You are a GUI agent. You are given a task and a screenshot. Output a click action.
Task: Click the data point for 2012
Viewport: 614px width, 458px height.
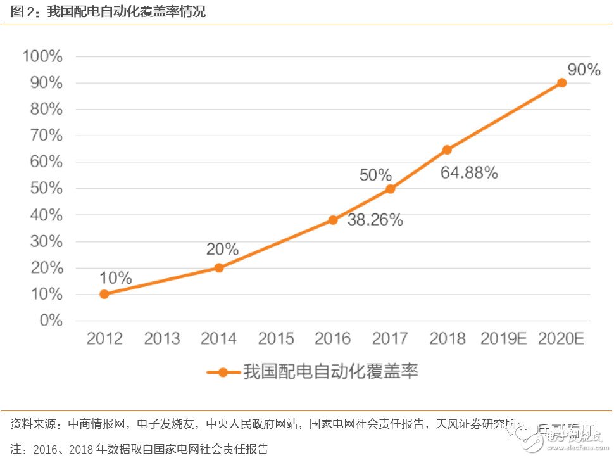[104, 294]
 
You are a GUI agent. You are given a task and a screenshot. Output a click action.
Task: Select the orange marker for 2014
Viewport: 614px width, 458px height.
[219, 267]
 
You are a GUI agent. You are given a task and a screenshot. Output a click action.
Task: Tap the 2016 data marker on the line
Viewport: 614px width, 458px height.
[333, 220]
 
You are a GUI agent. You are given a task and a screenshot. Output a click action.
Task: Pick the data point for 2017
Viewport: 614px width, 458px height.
[390, 189]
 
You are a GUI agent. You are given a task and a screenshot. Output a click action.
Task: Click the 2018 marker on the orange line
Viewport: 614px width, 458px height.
[447, 149]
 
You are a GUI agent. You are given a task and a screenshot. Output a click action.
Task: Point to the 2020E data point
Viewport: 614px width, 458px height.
[561, 82]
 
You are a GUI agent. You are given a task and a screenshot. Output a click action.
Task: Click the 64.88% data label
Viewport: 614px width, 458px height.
[469, 172]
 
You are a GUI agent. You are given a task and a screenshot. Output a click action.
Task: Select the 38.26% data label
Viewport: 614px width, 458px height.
[375, 220]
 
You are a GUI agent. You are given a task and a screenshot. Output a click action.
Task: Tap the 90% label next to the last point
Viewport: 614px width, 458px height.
[584, 70]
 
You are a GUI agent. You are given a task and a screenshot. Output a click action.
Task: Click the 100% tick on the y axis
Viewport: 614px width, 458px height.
[42, 56]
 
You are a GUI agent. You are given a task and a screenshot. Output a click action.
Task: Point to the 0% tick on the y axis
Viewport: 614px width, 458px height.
[51, 321]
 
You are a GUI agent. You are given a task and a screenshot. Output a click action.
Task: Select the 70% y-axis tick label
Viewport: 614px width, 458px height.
[46, 136]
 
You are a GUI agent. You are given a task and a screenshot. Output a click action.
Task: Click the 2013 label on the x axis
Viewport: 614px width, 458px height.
[161, 339]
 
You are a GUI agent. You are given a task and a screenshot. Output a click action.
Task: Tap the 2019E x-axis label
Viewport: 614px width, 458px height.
[503, 339]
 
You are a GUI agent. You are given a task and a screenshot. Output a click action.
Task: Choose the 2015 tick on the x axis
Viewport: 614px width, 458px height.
[276, 339]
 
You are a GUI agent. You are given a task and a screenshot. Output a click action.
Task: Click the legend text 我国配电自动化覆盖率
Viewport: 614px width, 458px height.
[330, 372]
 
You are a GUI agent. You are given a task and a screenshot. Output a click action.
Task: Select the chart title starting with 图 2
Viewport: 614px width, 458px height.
[108, 12]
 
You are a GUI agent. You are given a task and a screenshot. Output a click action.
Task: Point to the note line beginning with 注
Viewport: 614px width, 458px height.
[139, 448]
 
